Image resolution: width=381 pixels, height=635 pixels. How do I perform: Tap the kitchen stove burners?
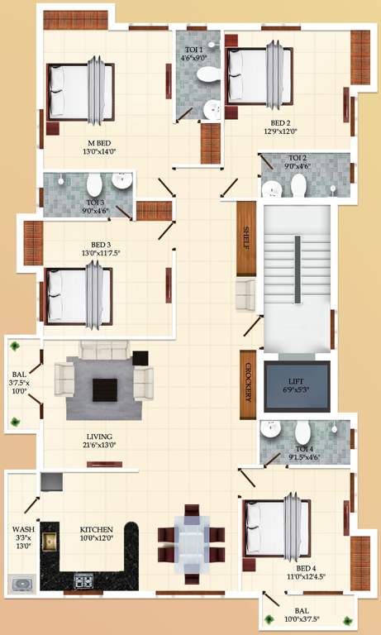pos(84,580)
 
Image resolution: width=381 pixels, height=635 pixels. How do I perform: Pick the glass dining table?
pos(192,545)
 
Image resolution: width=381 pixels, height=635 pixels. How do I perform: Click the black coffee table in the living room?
pos(106,389)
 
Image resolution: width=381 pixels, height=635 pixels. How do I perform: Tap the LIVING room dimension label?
pos(99,445)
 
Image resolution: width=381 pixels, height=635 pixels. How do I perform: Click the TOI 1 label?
pos(193,50)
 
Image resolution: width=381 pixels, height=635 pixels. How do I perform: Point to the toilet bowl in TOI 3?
pos(93,184)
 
